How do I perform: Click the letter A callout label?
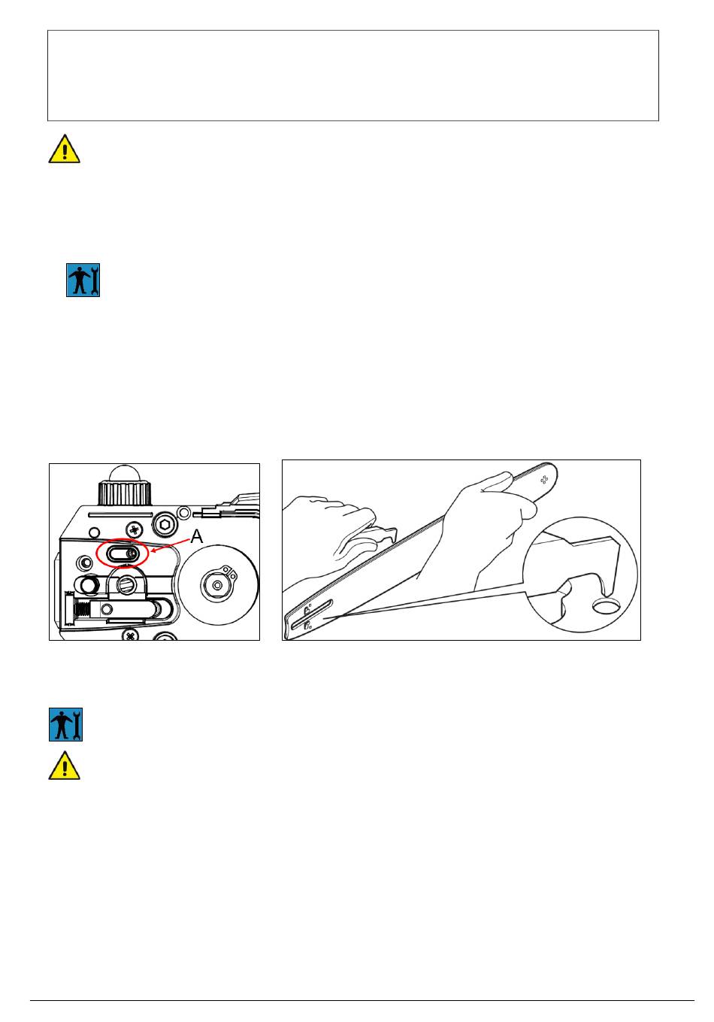(x=196, y=536)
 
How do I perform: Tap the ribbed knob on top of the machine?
(x=125, y=493)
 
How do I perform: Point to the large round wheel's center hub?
(x=217, y=584)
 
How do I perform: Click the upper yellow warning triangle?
(x=65, y=149)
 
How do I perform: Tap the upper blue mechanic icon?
(x=83, y=281)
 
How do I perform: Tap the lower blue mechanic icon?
(x=65, y=724)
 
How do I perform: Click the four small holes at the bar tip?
(x=543, y=480)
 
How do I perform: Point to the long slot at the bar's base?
(x=312, y=614)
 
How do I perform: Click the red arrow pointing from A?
(x=171, y=546)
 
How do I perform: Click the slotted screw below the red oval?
(x=125, y=584)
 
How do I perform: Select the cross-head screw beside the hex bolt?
(x=135, y=530)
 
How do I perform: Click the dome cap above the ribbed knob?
(x=125, y=474)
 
